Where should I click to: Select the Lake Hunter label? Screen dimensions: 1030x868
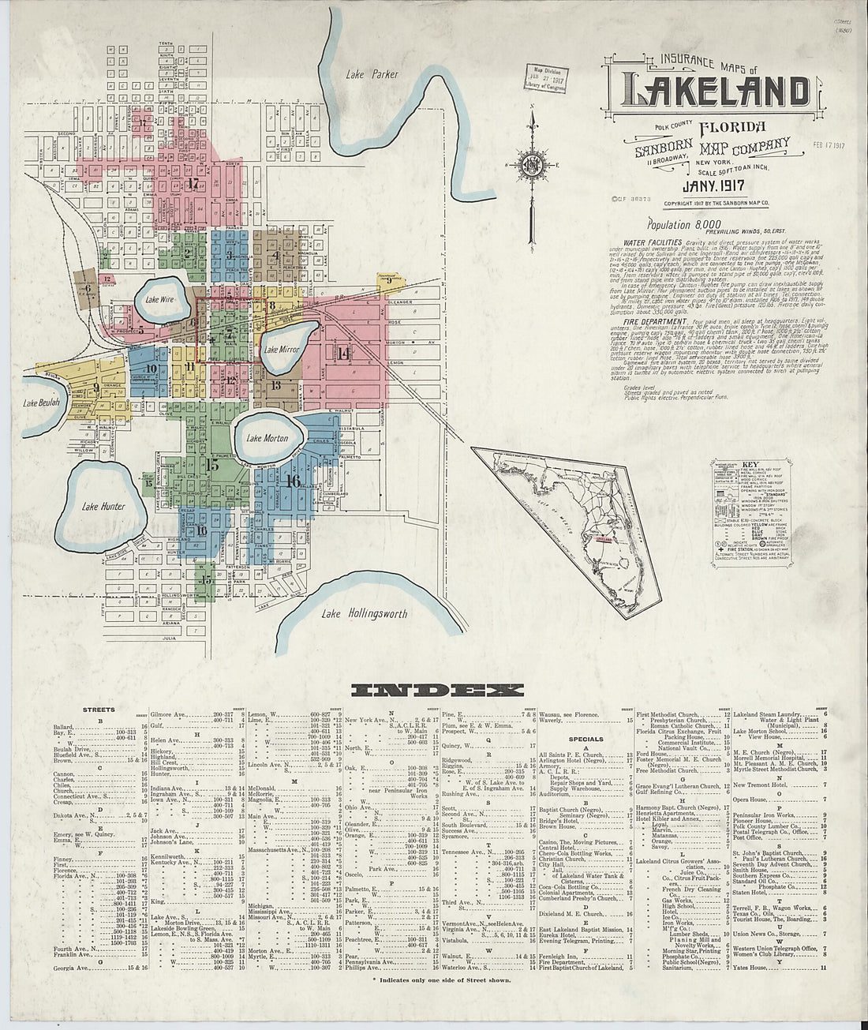point(103,506)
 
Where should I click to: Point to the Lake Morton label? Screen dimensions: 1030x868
point(267,438)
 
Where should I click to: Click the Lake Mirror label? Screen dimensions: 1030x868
point(280,349)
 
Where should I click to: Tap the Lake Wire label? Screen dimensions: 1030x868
point(159,300)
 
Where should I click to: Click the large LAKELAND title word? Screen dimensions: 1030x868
point(716,92)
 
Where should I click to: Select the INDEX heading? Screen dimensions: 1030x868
point(436,691)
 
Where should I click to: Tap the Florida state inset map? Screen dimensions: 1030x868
point(576,513)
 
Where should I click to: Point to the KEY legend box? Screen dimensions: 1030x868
point(750,513)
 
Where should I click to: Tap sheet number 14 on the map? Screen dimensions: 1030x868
point(342,354)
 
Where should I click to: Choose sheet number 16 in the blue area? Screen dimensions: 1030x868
point(294,480)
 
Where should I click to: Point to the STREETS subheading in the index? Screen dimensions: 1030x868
point(99,710)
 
